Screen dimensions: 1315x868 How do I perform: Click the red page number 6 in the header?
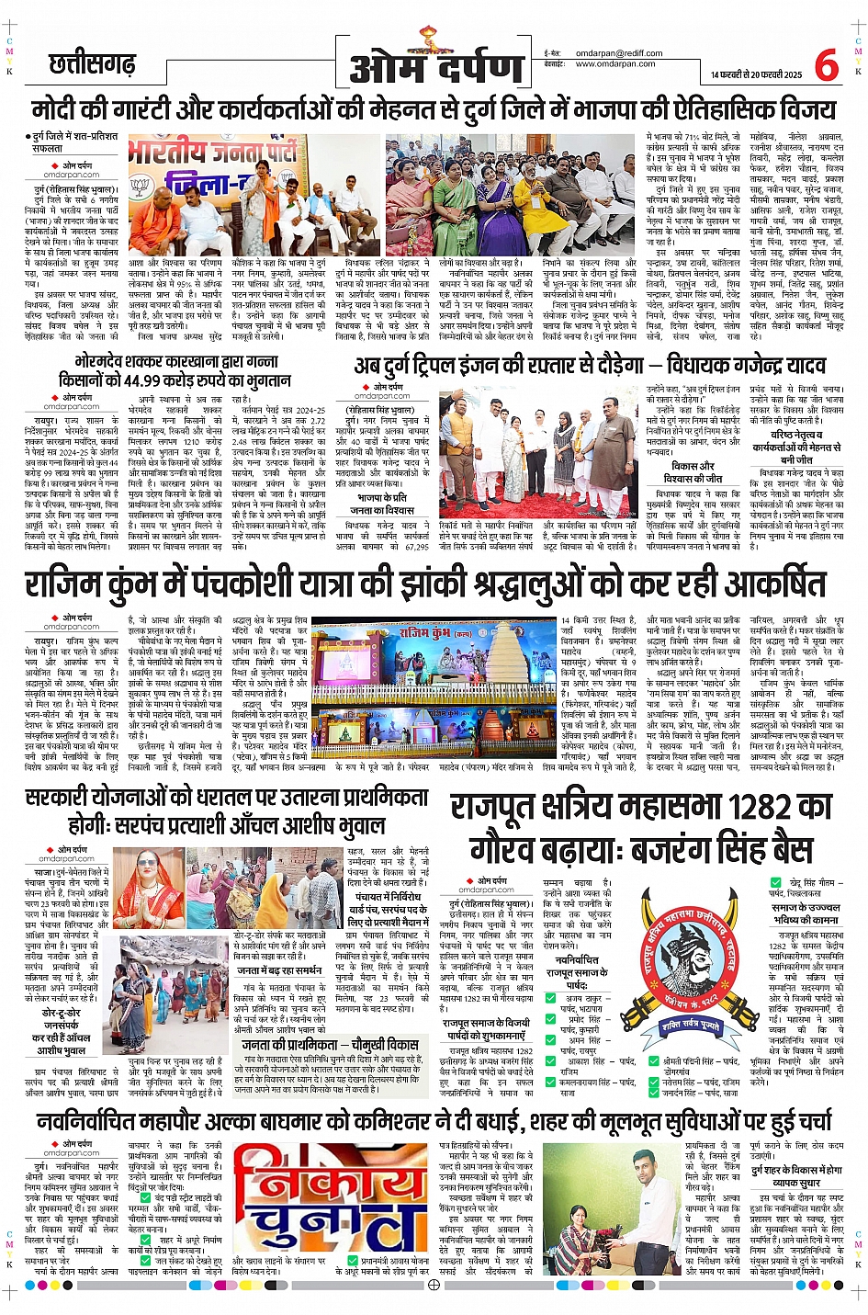click(826, 65)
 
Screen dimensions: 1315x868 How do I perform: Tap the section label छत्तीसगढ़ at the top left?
click(92, 65)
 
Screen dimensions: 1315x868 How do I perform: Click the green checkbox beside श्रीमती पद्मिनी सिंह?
click(656, 1060)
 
